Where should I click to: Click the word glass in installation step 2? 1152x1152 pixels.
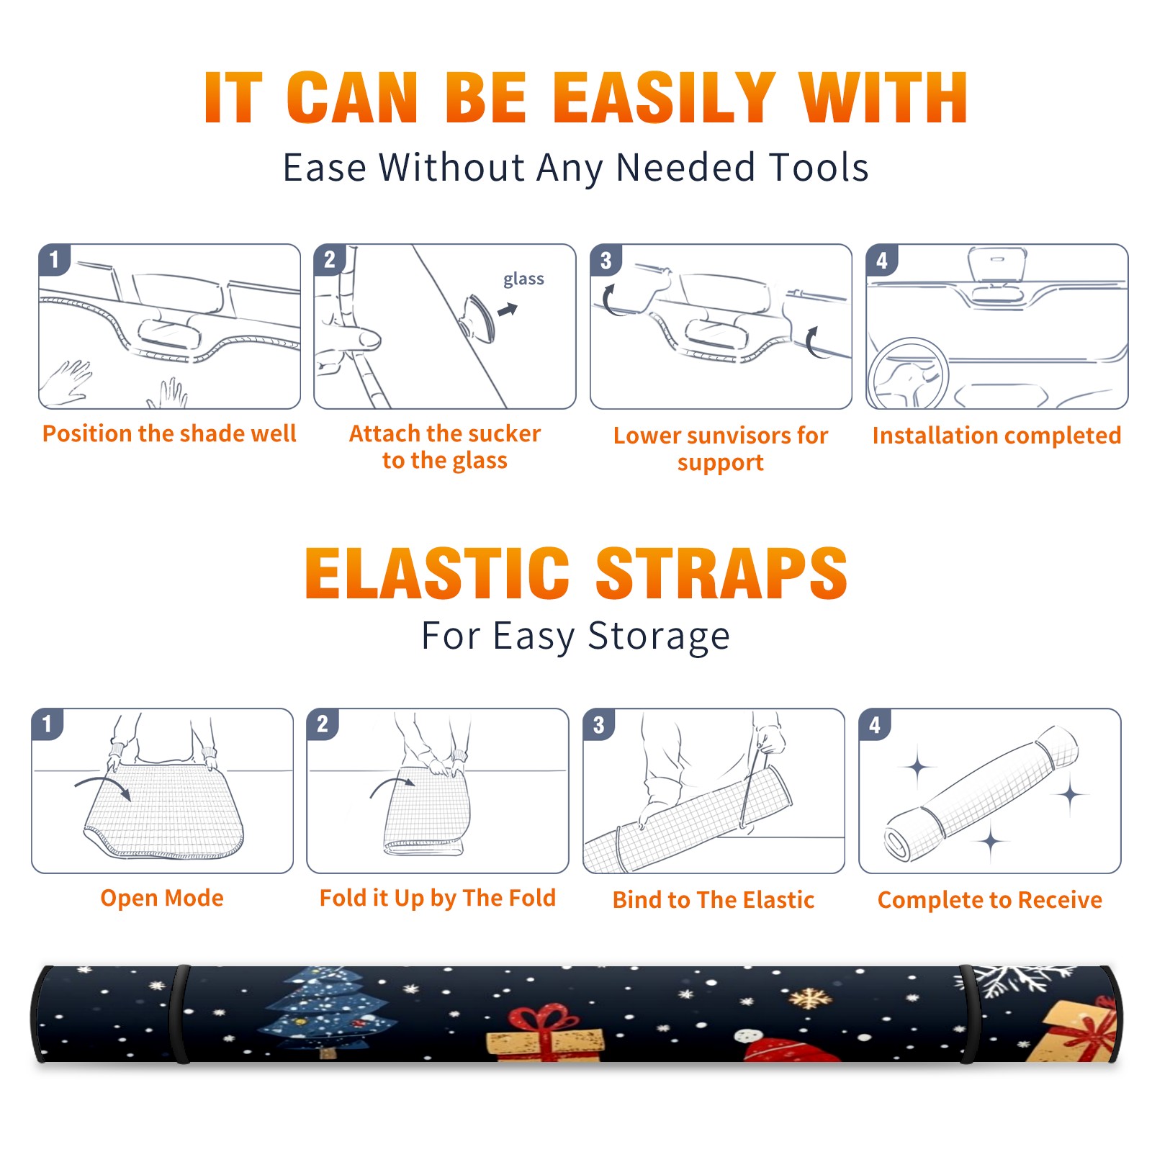coord(523,279)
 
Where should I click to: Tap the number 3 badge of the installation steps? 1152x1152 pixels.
coord(606,260)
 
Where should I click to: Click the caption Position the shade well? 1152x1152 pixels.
coord(169,433)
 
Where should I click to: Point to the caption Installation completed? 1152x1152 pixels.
coord(996,436)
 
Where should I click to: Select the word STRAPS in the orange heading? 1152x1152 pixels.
coord(721,573)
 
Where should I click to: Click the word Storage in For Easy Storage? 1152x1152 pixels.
coord(659,636)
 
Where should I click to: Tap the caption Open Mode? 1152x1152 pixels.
coord(162,898)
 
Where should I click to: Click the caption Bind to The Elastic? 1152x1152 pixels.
coord(714,900)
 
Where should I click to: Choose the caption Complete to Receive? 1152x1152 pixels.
coord(990,900)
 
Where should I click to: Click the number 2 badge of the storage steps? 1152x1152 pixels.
coord(323,724)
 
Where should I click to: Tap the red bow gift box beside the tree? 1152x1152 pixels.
coord(545,1033)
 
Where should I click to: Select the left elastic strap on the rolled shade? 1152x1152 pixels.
coord(181,1014)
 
